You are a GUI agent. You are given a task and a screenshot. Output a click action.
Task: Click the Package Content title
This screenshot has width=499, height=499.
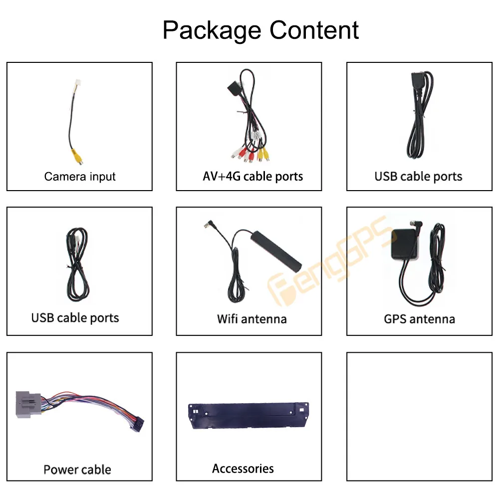tap(260, 30)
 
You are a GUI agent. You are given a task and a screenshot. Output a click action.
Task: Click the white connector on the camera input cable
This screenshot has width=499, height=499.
tap(73, 89)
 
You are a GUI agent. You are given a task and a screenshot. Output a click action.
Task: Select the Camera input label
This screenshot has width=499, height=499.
tap(80, 177)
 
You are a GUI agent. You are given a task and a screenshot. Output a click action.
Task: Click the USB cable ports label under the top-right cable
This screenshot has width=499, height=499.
tap(418, 177)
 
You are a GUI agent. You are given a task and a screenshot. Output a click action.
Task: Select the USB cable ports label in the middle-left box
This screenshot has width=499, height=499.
tap(75, 318)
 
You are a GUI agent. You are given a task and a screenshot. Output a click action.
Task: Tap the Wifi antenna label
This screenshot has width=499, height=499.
tap(251, 318)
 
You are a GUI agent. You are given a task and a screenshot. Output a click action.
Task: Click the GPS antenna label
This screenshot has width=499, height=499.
tap(419, 318)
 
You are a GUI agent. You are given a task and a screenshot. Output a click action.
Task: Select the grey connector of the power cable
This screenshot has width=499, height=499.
tap(25, 403)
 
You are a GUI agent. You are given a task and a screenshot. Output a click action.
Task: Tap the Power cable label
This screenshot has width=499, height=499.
tap(77, 470)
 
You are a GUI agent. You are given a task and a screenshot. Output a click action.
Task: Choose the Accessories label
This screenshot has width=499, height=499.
tap(243, 469)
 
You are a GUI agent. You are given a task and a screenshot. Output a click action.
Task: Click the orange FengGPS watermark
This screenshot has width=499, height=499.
tap(329, 259)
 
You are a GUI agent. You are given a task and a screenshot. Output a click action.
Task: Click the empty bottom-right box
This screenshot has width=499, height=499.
tap(419, 417)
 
